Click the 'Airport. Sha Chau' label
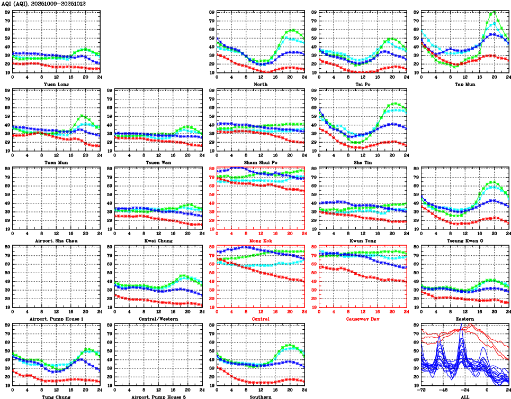tap(56, 241)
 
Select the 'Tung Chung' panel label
tap(56, 397)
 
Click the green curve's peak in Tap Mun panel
tap(494, 11)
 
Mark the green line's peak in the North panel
tap(292, 30)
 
